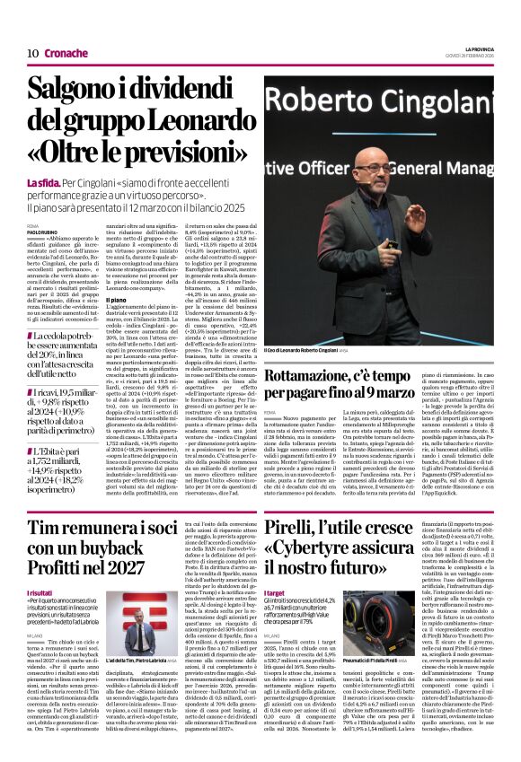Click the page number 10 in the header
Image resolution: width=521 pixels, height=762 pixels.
point(32,53)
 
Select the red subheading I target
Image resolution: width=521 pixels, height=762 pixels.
point(276,594)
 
